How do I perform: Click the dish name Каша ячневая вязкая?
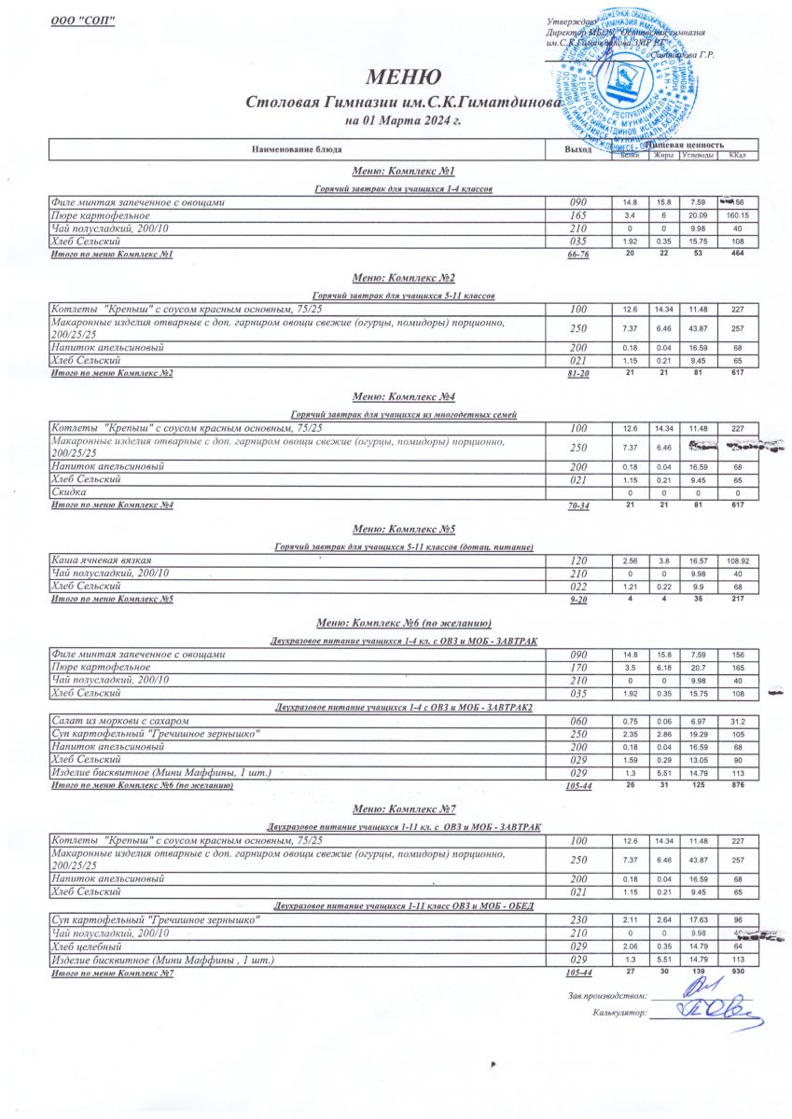click(102, 559)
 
